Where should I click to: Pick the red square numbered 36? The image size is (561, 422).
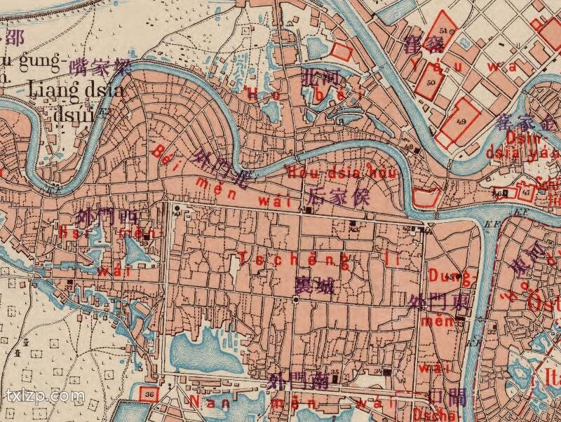pos(149,393)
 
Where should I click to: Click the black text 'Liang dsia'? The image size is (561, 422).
pos(76,90)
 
